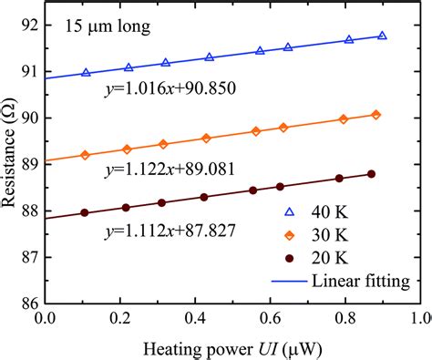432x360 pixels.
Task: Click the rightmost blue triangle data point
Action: (382, 36)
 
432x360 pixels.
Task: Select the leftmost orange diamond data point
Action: (86, 155)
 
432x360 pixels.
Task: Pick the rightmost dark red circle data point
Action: (371, 174)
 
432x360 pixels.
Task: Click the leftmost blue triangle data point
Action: (86, 73)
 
